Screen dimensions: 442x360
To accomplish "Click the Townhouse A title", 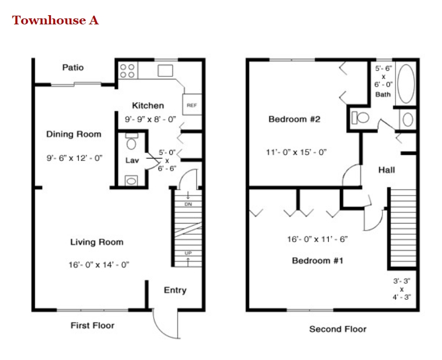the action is click(x=55, y=21).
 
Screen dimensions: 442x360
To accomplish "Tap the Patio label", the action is click(x=73, y=68).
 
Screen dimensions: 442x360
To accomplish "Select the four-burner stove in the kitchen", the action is click(x=128, y=71).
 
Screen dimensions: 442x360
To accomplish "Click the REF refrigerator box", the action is click(x=191, y=105).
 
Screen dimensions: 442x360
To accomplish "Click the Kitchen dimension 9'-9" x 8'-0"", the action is click(x=150, y=119).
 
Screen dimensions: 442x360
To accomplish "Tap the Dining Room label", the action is click(x=74, y=134).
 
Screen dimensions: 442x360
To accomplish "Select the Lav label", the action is click(x=132, y=160).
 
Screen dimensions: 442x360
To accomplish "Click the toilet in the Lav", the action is click(x=131, y=142).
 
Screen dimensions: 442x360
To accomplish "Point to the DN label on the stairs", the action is click(x=188, y=204).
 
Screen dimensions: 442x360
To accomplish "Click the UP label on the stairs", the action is click(x=188, y=253).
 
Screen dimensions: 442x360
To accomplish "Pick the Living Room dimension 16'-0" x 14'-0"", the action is click(x=98, y=265).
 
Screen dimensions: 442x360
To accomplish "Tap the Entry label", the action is click(x=175, y=290).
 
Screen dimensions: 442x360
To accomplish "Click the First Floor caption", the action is click(x=93, y=325).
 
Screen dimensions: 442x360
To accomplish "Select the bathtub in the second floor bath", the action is click(x=406, y=84).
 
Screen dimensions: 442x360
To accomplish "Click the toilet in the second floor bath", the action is click(x=361, y=117).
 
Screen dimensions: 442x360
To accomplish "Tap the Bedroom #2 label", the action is click(x=294, y=119).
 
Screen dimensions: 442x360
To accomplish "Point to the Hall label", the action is click(x=386, y=169).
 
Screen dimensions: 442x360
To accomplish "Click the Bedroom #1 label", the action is click(x=318, y=260).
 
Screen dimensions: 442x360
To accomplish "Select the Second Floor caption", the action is click(x=338, y=329).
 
